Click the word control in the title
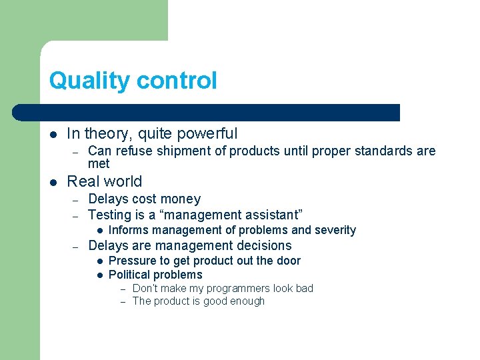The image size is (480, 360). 176,81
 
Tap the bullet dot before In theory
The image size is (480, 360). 53,134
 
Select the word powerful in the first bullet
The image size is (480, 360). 207,133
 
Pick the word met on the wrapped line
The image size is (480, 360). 99,163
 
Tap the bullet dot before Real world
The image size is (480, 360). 53,182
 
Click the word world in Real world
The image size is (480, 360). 124,181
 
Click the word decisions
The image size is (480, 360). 259,245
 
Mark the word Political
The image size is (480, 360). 129,275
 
